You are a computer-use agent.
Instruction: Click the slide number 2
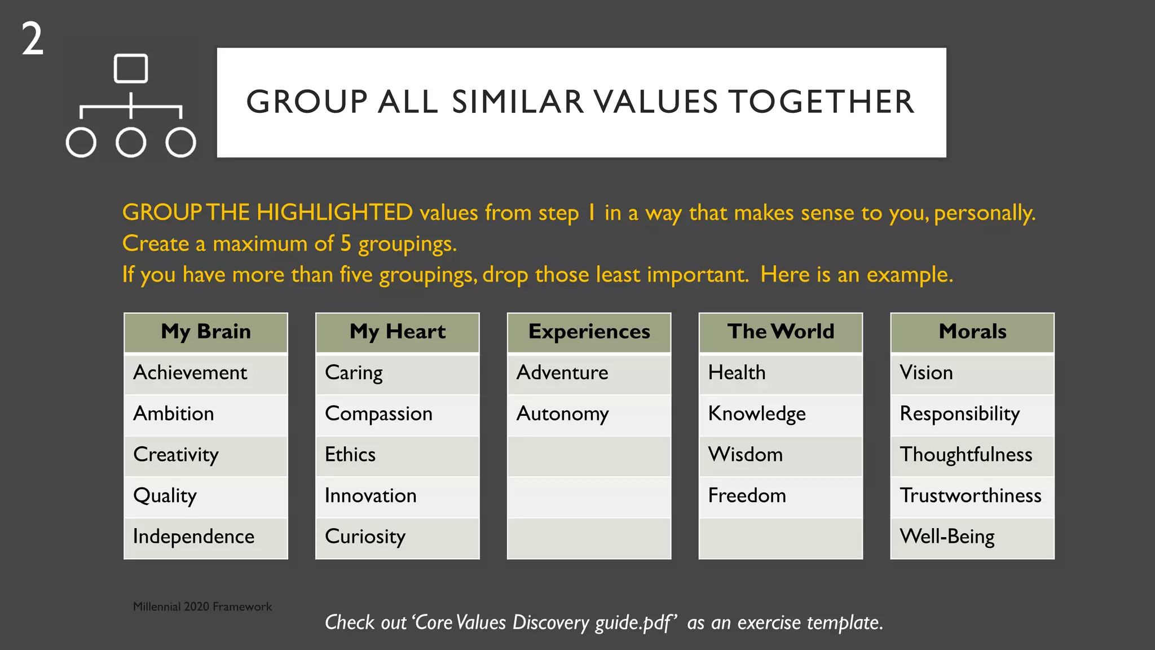33,39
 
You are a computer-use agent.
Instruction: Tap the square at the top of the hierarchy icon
131,69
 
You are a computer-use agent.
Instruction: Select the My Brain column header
206,332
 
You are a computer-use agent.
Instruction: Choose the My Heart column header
398,332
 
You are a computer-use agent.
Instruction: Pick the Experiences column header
589,332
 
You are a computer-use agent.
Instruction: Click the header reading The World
781,332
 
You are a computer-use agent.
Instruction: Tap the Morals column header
972,332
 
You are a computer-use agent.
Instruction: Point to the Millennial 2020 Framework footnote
202,607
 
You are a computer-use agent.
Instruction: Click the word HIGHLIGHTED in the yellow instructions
334,213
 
